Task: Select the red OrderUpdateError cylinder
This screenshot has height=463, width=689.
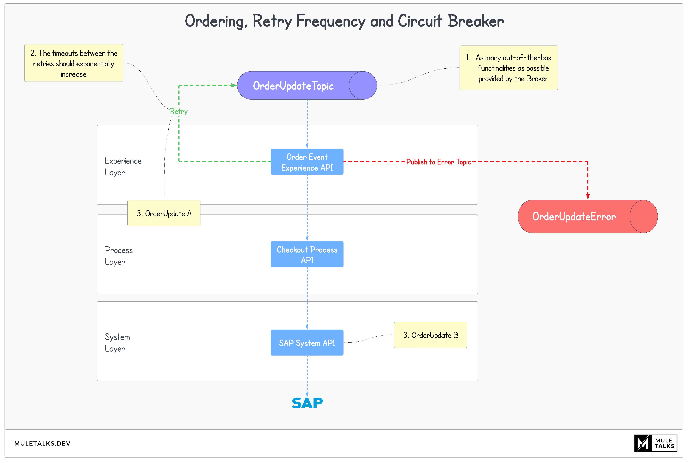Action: coord(587,216)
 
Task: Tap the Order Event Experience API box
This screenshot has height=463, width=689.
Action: coord(307,162)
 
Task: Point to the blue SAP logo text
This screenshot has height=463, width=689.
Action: coord(307,403)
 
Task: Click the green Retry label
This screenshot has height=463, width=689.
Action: coord(179,111)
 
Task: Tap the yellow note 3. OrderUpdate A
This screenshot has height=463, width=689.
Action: coord(164,213)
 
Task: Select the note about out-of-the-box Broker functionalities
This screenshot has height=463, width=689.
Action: coord(508,68)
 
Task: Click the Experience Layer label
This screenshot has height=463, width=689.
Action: coord(123,167)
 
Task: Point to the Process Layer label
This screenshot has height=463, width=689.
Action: coord(119,256)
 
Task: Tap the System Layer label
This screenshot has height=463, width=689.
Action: coord(117,343)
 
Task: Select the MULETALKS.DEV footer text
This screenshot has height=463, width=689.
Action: coord(42,443)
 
